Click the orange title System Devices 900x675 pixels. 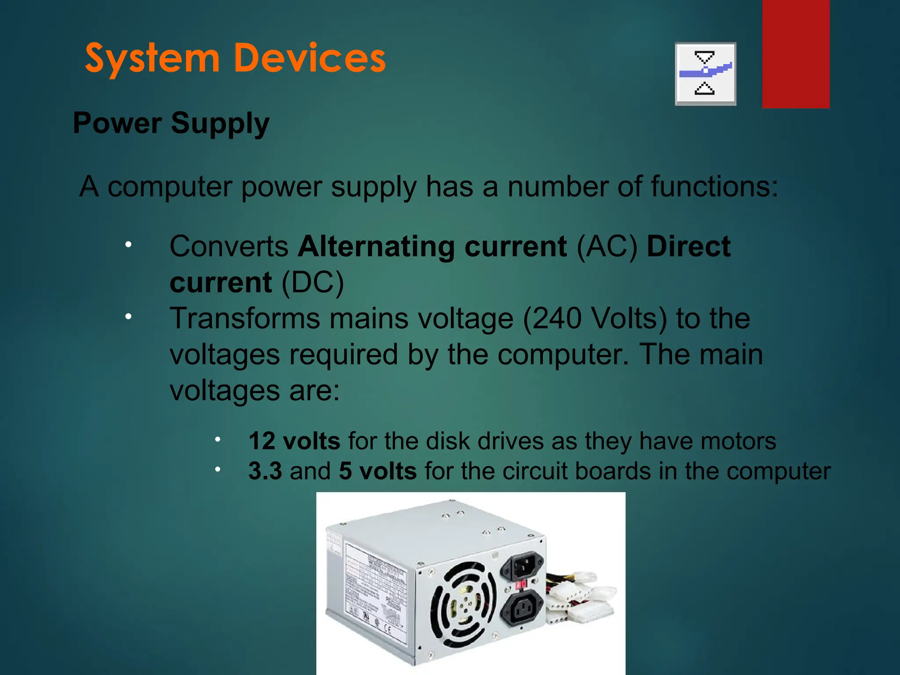pyautogui.click(x=235, y=58)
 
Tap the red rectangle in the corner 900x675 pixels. pyautogui.click(x=796, y=54)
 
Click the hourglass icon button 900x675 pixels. pyautogui.click(x=705, y=74)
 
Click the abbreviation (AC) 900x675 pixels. pyautogui.click(x=606, y=246)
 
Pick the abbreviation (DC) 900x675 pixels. pyautogui.click(x=312, y=282)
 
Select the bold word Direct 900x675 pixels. pyautogui.click(x=689, y=246)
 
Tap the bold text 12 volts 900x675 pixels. pyautogui.click(x=294, y=441)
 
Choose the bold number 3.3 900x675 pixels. pyautogui.click(x=265, y=471)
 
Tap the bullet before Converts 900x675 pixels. pyautogui.click(x=128, y=245)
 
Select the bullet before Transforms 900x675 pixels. pyautogui.click(x=128, y=316)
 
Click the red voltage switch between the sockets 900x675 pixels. pyautogui.click(x=521, y=585)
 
